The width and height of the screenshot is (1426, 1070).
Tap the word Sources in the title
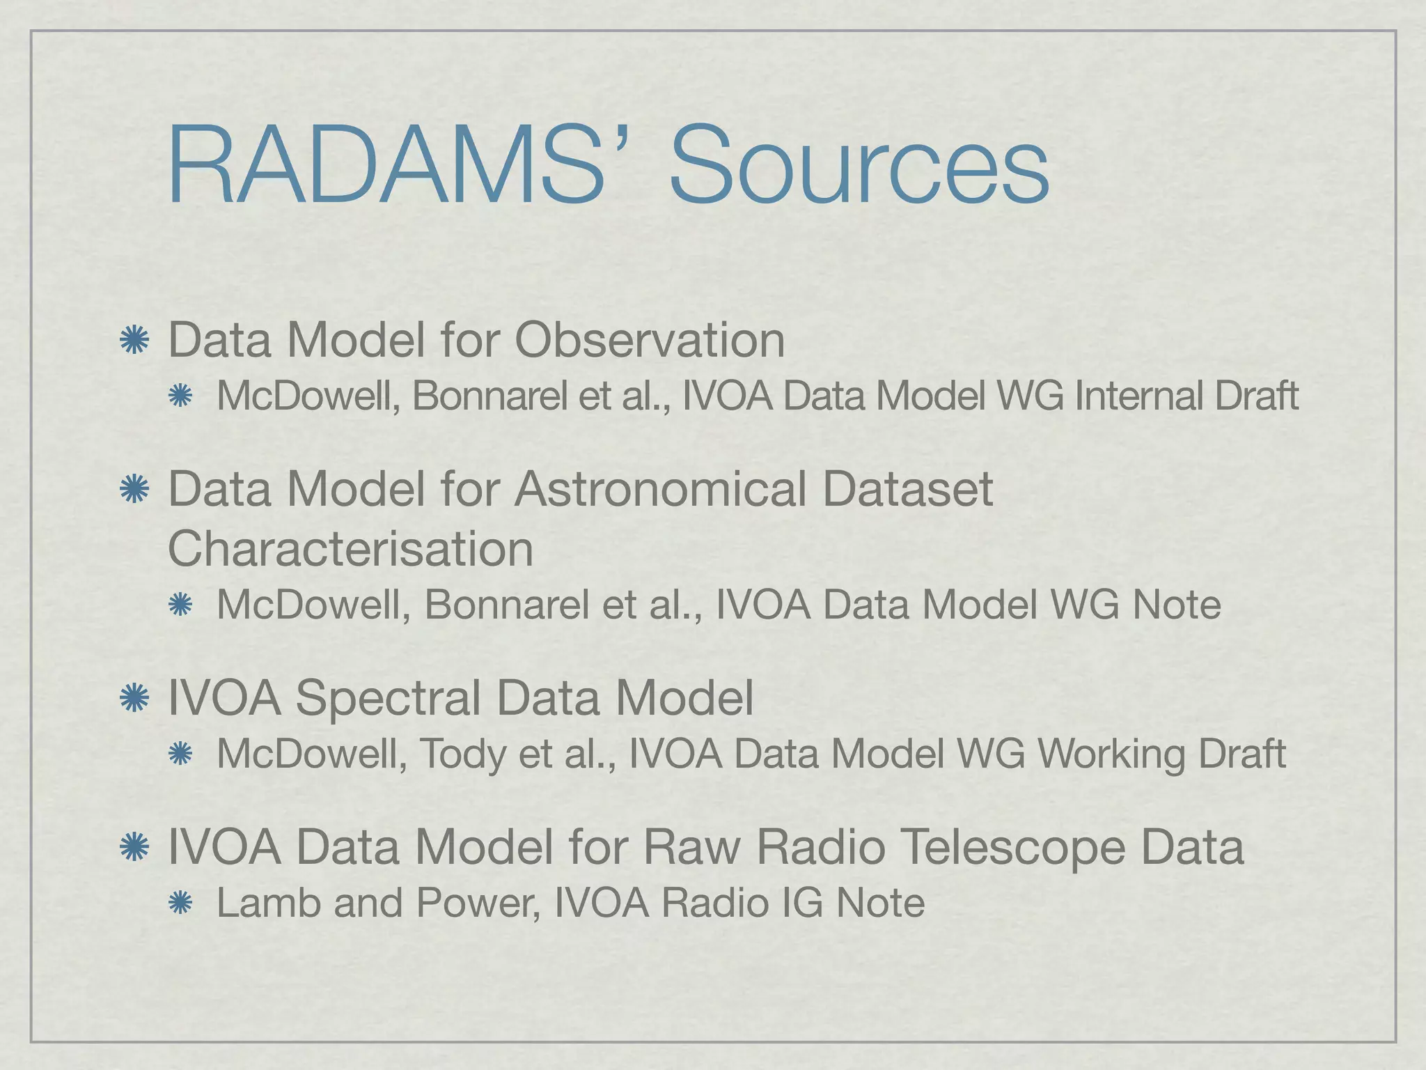pyautogui.click(x=859, y=167)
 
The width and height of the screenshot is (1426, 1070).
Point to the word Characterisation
pyautogui.click(x=351, y=549)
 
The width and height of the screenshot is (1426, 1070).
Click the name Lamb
pyautogui.click(x=268, y=903)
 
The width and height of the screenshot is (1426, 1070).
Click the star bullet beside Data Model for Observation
pyautogui.click(x=134, y=341)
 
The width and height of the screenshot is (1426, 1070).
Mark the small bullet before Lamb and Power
pyautogui.click(x=180, y=904)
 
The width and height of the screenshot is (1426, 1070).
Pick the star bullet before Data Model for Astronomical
pyautogui.click(x=134, y=490)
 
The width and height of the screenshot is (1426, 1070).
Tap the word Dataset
pyautogui.click(x=907, y=489)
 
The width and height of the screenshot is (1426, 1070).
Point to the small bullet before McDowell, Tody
pyautogui.click(x=180, y=754)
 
